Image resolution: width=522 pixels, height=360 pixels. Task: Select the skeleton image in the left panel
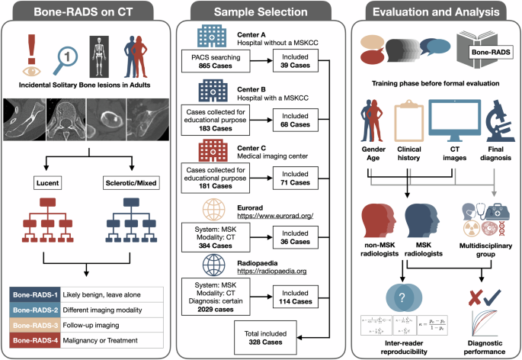point(101,55)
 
